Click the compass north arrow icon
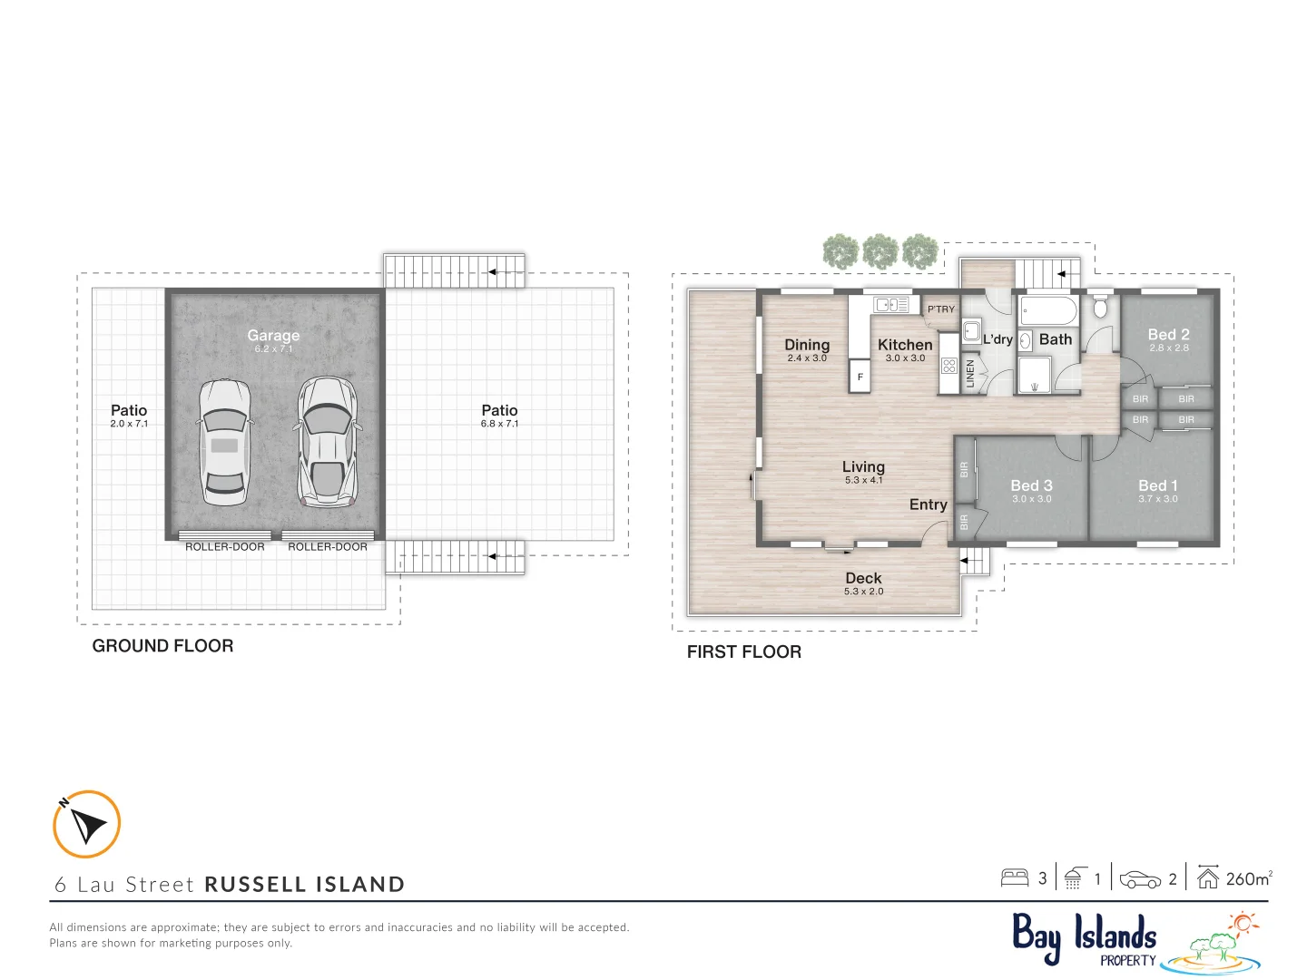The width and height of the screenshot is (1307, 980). (87, 824)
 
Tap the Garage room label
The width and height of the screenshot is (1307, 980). (273, 336)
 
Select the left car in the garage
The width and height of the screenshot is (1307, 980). (224, 442)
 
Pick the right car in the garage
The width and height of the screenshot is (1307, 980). (327, 442)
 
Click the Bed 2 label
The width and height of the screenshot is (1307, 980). (1168, 335)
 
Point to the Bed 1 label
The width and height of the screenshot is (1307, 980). (1158, 486)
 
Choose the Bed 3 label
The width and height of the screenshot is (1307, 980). (1031, 486)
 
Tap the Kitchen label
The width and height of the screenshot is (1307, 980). (905, 345)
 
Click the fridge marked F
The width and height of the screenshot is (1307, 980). (860, 377)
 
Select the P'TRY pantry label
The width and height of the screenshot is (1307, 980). (941, 309)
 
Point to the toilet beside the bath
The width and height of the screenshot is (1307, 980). (1100, 308)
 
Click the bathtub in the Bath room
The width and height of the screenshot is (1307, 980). (1047, 310)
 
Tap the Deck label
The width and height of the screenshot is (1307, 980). (863, 579)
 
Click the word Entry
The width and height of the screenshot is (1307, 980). (928, 505)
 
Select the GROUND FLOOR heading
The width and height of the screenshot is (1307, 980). (163, 646)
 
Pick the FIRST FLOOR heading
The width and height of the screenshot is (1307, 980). (744, 652)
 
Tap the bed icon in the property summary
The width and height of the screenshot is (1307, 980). (1015, 877)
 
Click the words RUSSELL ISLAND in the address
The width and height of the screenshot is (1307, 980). (305, 885)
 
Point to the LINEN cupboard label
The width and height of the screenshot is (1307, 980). (970, 374)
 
